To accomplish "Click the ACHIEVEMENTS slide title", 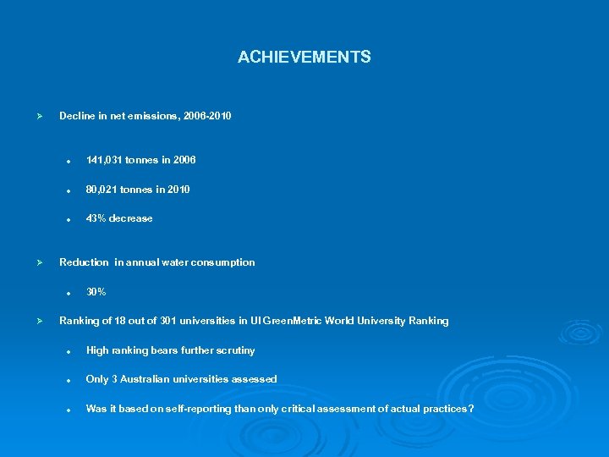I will [x=304, y=58].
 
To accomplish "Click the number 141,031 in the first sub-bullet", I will [x=105, y=160].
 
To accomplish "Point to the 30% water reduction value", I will [x=96, y=292].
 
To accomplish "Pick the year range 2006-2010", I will [x=206, y=116].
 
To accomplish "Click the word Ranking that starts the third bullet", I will [x=79, y=321].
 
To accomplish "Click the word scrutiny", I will [x=234, y=350].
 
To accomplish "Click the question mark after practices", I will [x=471, y=409].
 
